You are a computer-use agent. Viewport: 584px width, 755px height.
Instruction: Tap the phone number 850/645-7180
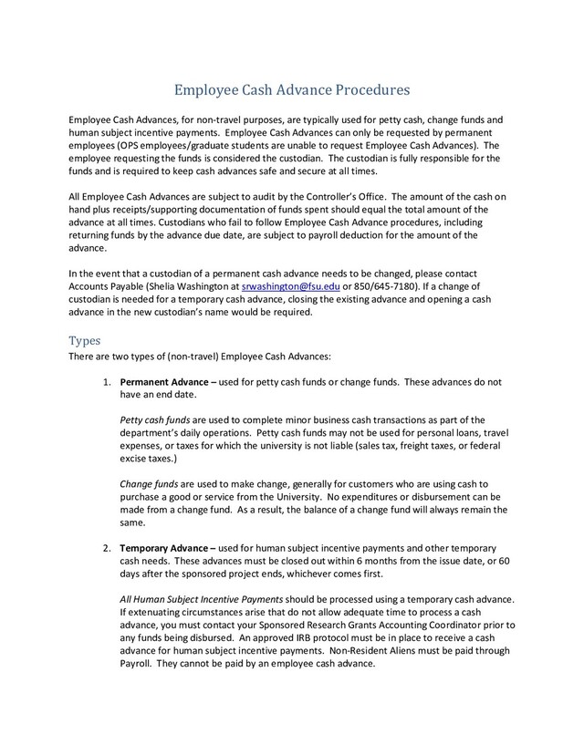[375, 286]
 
